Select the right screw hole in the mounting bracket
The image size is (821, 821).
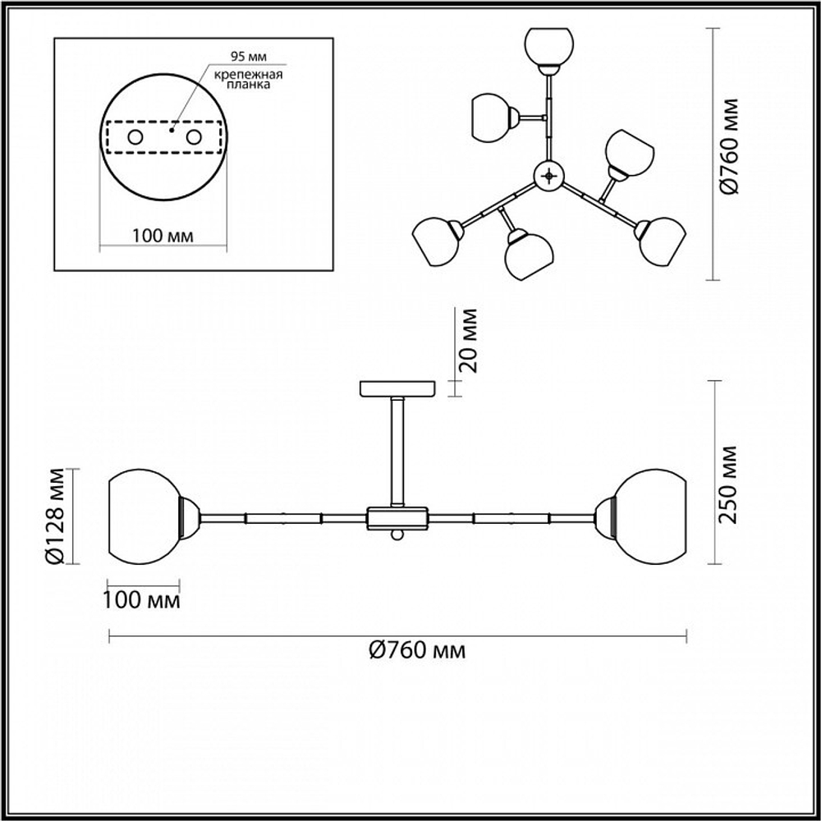195,137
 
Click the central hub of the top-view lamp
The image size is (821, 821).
548,174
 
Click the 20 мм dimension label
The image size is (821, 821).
469,341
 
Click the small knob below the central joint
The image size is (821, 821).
397,534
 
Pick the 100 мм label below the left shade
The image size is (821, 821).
141,600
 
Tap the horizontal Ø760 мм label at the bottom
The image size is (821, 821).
416,651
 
